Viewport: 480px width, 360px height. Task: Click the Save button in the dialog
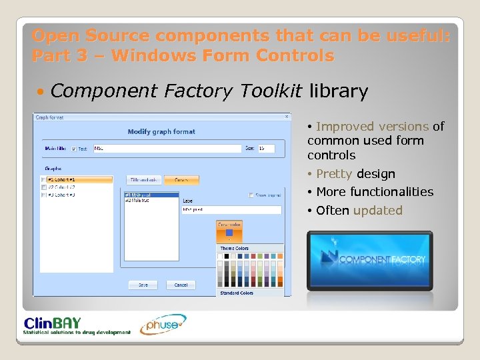point(143,285)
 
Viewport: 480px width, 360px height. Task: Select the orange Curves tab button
point(182,179)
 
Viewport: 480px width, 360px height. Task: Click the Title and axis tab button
point(144,179)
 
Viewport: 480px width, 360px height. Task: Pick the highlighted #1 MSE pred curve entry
point(152,195)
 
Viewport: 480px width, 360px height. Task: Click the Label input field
point(231,210)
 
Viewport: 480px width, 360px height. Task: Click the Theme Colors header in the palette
point(234,249)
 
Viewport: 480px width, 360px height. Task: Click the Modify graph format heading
point(161,132)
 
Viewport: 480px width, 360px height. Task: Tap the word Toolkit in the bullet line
point(271,91)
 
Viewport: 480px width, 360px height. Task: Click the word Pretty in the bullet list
point(335,174)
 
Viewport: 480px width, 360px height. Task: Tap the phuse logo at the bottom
point(162,325)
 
